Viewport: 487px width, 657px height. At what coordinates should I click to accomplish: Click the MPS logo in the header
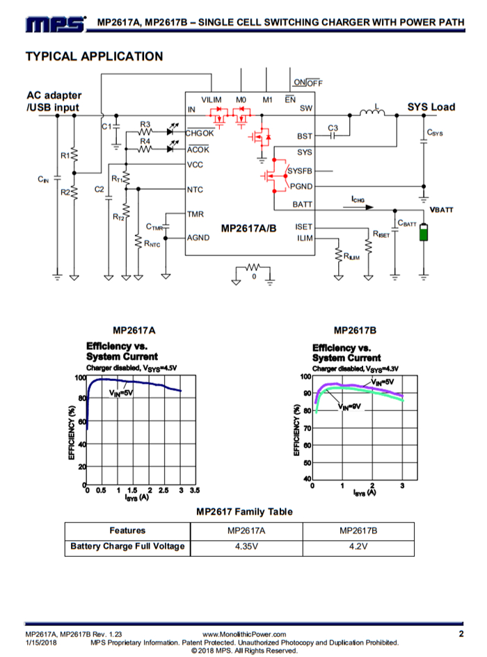[x=56, y=24]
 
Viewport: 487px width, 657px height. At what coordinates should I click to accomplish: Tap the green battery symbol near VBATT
[x=424, y=232]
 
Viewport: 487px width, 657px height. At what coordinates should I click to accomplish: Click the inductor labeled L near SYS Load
[x=372, y=112]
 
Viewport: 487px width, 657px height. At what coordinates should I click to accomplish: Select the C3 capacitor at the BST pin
[x=333, y=136]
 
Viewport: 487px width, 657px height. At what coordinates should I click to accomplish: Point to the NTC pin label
[x=195, y=190]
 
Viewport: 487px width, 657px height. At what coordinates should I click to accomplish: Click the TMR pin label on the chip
[x=195, y=214]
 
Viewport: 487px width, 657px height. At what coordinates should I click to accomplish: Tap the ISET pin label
[x=304, y=227]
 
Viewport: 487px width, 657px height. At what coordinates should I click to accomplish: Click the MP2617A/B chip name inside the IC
[x=249, y=228]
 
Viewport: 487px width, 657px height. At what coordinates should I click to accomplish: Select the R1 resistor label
[x=65, y=156]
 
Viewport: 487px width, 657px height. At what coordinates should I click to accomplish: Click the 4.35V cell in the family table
[x=246, y=546]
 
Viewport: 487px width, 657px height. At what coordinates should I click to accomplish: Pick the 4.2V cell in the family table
[x=358, y=546]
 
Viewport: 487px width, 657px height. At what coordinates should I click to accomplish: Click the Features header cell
[x=127, y=530]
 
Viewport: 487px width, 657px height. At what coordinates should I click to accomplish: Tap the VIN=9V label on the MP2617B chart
[x=349, y=407]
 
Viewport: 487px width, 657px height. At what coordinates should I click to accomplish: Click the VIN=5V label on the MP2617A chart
[x=121, y=393]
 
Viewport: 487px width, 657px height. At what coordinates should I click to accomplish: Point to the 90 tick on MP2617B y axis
[x=307, y=393]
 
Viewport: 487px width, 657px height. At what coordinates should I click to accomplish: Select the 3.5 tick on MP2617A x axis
[x=195, y=490]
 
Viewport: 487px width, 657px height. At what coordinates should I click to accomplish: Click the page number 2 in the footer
[x=461, y=633]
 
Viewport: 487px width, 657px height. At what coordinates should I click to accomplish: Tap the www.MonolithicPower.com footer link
[x=244, y=634]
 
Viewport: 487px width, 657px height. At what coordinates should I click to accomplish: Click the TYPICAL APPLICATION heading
[x=95, y=56]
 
